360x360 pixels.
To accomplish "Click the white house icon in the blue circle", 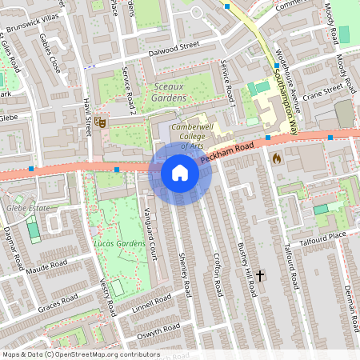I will [x=179, y=173].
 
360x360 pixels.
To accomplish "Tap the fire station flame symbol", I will [x=277, y=158].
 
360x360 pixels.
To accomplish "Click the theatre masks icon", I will [x=100, y=122].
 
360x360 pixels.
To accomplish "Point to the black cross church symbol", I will [x=260, y=275].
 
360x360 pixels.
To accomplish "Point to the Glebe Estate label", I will [x=28, y=208].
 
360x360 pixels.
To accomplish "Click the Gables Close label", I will [x=50, y=54].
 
